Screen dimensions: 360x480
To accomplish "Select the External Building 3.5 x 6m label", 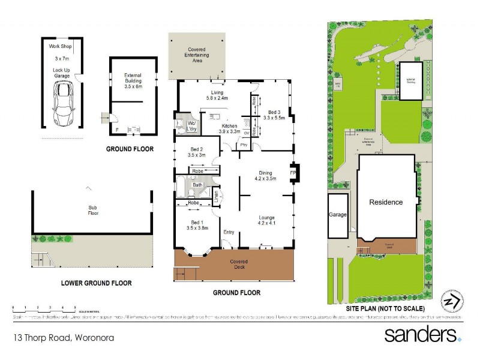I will [x=132, y=80].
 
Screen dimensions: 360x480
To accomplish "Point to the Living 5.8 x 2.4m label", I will [x=214, y=95].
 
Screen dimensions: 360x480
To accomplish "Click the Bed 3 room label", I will [x=274, y=115].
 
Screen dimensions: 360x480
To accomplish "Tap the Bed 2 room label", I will [x=197, y=152].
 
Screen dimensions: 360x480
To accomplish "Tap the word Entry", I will [x=229, y=232].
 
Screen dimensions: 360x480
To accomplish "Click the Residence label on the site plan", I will [x=385, y=202].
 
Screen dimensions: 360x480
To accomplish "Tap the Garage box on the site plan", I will [x=337, y=214].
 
